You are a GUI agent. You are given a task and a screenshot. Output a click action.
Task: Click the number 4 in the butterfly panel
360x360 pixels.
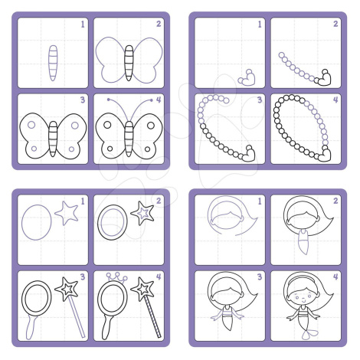159,100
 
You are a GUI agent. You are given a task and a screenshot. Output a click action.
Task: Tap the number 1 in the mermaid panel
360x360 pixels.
260,201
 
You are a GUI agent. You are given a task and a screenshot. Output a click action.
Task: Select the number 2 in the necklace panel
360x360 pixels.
335,24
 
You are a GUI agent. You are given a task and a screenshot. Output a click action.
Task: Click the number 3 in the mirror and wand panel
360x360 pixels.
83,277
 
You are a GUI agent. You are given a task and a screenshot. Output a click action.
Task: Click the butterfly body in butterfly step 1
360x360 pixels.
53,63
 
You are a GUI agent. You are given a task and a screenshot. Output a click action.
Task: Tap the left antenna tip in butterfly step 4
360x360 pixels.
109,100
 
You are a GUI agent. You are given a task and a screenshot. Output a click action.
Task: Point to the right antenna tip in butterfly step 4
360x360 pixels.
152,100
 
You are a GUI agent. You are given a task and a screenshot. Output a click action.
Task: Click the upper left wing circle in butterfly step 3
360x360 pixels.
31,125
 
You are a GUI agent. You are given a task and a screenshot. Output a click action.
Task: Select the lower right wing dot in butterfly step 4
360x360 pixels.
148,149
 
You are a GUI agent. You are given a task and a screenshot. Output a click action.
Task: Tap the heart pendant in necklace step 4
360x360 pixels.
324,154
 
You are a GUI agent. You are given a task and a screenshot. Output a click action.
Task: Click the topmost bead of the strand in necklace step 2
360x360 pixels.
281,55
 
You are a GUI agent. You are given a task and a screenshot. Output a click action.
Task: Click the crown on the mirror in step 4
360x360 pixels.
116,277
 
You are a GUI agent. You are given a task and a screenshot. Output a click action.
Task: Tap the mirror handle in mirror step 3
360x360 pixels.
31,327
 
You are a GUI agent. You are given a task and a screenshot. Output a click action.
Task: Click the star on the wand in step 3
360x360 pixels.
67,289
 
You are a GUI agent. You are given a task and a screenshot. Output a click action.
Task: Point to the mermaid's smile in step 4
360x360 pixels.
303,300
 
